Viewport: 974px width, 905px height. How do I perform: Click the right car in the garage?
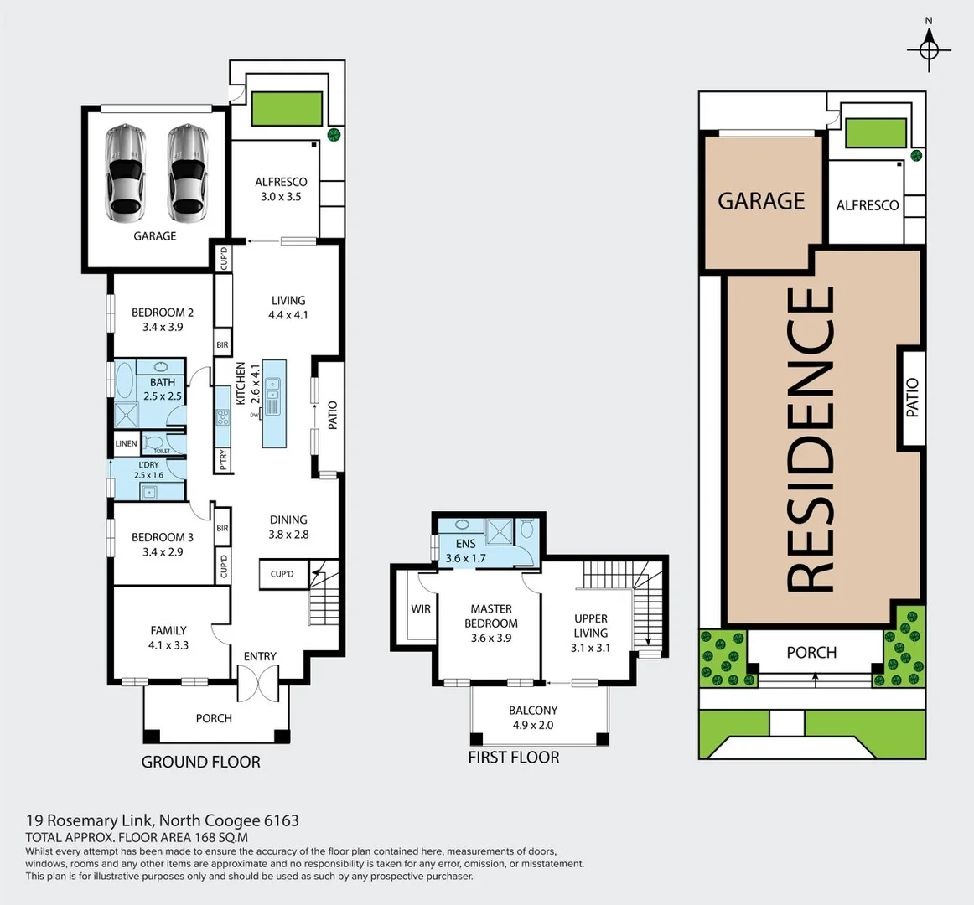pos(186,173)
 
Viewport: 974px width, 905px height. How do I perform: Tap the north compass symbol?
pos(929,49)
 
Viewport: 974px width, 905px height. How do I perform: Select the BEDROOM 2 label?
pos(163,313)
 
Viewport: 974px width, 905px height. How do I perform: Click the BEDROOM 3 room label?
pos(163,537)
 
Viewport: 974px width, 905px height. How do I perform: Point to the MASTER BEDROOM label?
pos(491,616)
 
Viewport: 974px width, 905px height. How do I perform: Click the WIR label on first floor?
pos(421,609)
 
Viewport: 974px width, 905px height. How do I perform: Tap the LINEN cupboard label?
pos(126,444)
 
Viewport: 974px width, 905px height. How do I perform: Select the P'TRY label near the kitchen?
pos(223,459)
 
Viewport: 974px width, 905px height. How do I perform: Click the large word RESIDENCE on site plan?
pos(811,440)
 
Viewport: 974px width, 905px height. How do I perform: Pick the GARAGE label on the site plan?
pos(761,201)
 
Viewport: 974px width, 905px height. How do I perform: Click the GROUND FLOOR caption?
pos(200,762)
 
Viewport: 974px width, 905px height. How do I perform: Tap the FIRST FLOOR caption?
pos(513,758)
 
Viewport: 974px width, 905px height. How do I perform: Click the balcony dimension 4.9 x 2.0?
pos(532,726)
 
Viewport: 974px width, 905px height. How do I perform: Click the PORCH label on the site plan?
pos(811,652)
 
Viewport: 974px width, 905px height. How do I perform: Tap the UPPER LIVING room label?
pos(590,626)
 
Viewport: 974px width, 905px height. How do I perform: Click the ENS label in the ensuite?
pos(465,544)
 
